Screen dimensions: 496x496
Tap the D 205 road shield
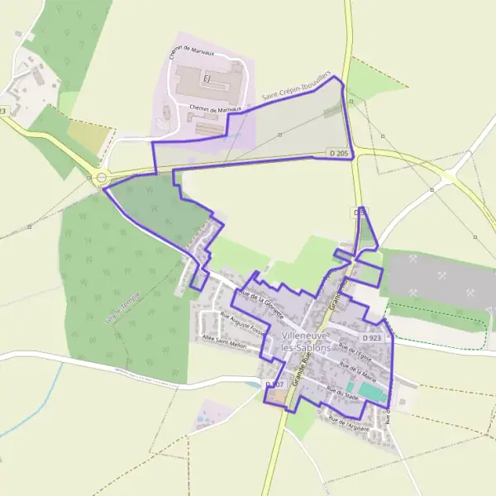point(336,154)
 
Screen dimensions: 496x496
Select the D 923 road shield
point(372,338)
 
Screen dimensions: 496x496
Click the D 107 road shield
point(274,385)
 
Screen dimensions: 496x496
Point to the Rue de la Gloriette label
point(260,303)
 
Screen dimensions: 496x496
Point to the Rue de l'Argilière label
point(347,422)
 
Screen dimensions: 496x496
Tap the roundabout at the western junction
point(102,177)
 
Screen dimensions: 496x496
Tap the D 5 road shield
point(359,212)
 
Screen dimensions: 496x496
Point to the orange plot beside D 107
point(275,398)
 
